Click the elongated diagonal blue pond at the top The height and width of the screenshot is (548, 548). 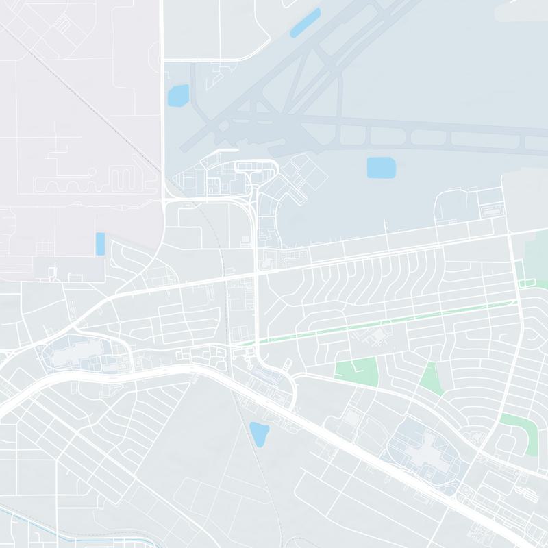pos(305,23)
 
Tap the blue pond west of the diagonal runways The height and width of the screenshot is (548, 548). pos(178,95)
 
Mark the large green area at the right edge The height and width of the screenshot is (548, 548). pos(536,257)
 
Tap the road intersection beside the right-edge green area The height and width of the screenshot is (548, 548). pos(512,234)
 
